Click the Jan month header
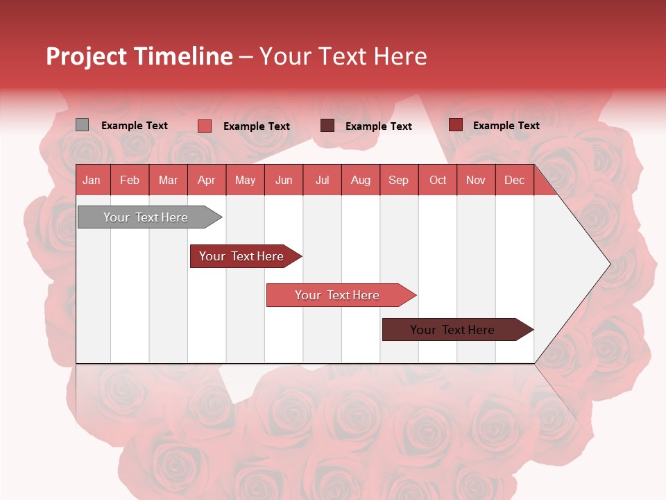pyautogui.click(x=92, y=180)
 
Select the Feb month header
pyautogui.click(x=130, y=180)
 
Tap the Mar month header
pyautogui.click(x=168, y=180)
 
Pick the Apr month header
pyautogui.click(x=207, y=180)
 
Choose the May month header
pyautogui.click(x=245, y=180)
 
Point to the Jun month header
pyautogui.click(x=284, y=180)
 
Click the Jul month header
pyautogui.click(x=322, y=180)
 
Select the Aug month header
pyautogui.click(x=361, y=180)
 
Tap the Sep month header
pyautogui.click(x=399, y=180)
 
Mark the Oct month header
pyautogui.click(x=438, y=180)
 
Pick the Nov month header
pyautogui.click(x=476, y=180)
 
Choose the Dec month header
pyautogui.click(x=515, y=180)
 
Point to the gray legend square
pyautogui.click(x=83, y=125)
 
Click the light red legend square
pyautogui.click(x=205, y=126)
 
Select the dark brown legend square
pyautogui.click(x=327, y=126)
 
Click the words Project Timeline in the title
pyautogui.click(x=139, y=56)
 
